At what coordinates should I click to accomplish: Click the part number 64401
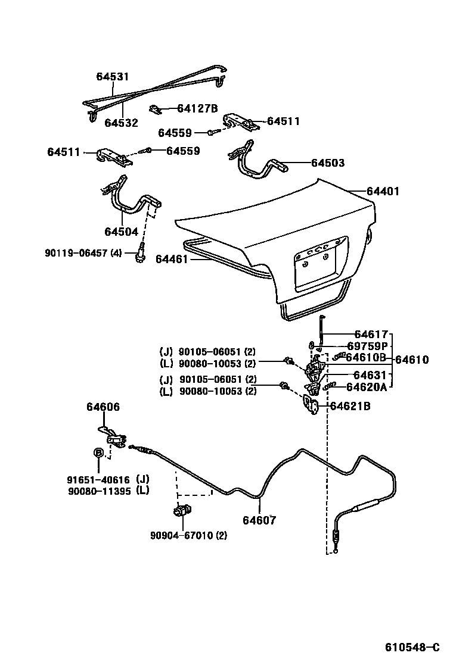click(x=383, y=192)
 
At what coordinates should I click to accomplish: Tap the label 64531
click(x=113, y=77)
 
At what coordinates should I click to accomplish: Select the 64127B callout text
click(x=198, y=108)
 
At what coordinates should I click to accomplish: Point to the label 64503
click(x=327, y=163)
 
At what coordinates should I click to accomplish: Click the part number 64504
click(x=121, y=232)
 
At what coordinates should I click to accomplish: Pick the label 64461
click(x=172, y=259)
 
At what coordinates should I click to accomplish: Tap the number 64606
click(x=103, y=407)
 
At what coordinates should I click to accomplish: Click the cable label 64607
click(x=259, y=520)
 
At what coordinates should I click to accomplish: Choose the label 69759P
click(x=368, y=346)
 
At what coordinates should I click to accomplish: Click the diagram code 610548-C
click(x=412, y=647)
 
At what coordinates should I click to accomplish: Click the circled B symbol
click(x=98, y=453)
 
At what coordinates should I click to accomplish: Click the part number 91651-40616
click(x=98, y=479)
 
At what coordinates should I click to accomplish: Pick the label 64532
click(x=121, y=123)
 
